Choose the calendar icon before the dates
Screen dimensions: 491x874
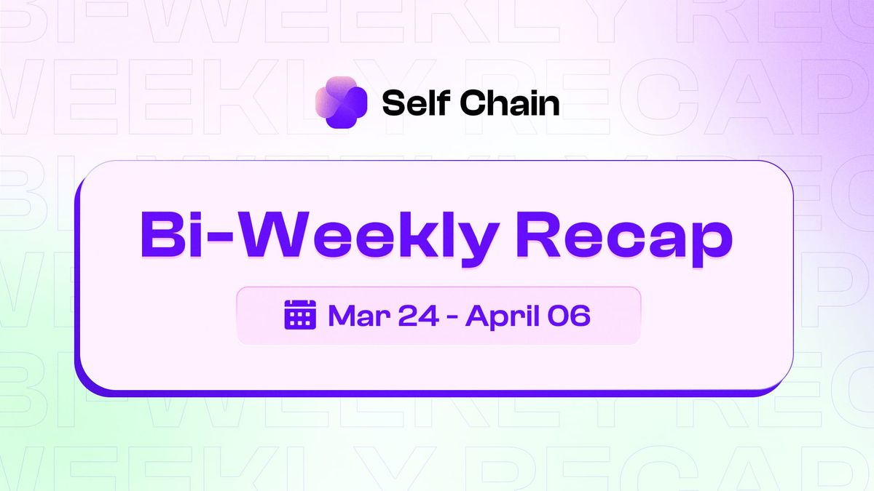pos(299,315)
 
